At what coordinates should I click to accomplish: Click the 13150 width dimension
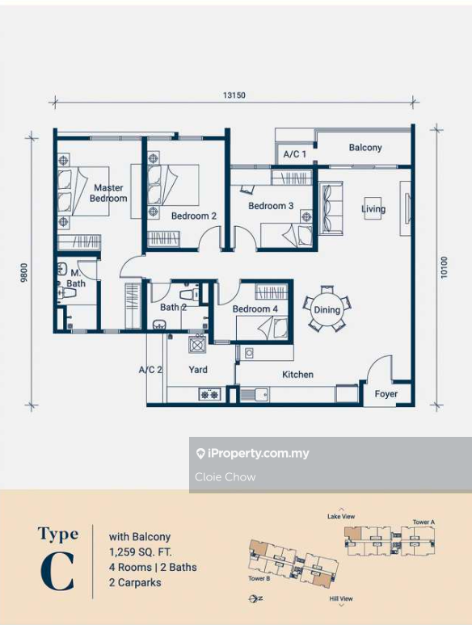click(x=234, y=95)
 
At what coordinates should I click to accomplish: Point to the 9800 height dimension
click(x=24, y=273)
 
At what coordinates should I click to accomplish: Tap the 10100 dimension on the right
click(x=444, y=267)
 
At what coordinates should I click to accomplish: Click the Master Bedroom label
click(x=108, y=193)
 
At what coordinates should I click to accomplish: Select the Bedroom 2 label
click(x=194, y=216)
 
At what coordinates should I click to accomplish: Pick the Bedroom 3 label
click(x=271, y=206)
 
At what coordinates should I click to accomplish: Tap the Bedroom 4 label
click(x=255, y=309)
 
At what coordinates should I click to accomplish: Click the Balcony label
click(x=365, y=148)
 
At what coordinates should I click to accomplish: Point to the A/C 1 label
click(x=295, y=154)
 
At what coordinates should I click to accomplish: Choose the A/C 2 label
click(x=150, y=370)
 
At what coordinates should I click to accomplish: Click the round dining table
click(x=327, y=309)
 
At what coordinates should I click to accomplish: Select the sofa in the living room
click(x=331, y=208)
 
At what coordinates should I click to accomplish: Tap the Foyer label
click(x=386, y=394)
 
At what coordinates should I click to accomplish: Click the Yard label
click(x=198, y=370)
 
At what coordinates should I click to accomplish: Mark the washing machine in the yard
click(x=197, y=344)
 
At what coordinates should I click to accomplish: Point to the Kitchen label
click(x=297, y=375)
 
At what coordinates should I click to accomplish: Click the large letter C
click(x=57, y=573)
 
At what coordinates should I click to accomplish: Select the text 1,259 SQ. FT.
click(x=141, y=552)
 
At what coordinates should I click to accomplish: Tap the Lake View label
click(x=341, y=517)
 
